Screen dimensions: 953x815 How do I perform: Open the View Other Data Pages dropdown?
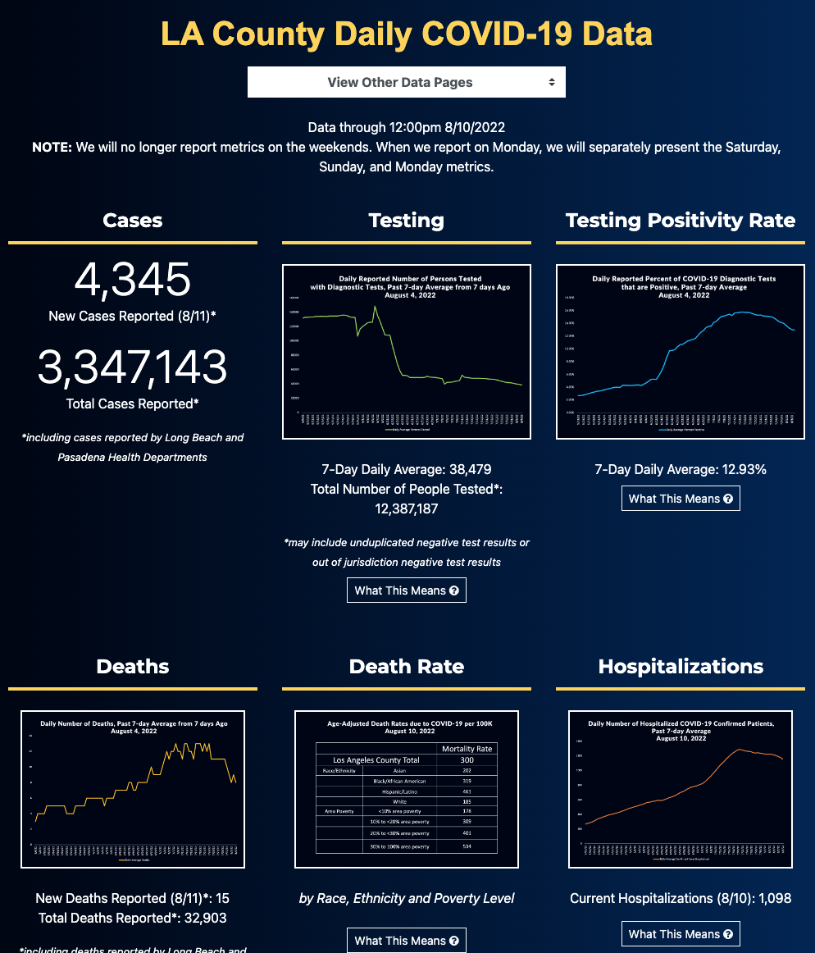coord(406,82)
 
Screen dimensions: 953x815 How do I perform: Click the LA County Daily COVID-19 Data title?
coord(407,34)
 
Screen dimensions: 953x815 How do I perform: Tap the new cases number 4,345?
coord(133,280)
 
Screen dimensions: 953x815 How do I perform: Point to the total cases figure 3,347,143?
coord(133,367)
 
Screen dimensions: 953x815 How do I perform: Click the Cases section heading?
coord(133,220)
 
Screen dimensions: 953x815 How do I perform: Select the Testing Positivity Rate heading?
coord(681,220)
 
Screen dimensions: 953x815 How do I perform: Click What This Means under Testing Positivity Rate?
coord(681,499)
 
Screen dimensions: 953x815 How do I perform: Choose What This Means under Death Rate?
coord(407,941)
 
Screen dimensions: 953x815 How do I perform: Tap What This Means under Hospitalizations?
coord(681,934)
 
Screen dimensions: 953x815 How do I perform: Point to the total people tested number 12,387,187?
coord(407,508)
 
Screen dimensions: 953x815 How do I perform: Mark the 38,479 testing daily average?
coord(464,470)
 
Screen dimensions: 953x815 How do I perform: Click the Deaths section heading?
coord(133,666)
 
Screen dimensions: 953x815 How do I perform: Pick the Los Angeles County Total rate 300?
coord(467,760)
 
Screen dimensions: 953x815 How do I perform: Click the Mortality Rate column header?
coord(467,749)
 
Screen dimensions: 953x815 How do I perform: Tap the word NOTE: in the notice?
coord(52,148)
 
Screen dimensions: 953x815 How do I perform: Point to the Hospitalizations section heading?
coord(681,666)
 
